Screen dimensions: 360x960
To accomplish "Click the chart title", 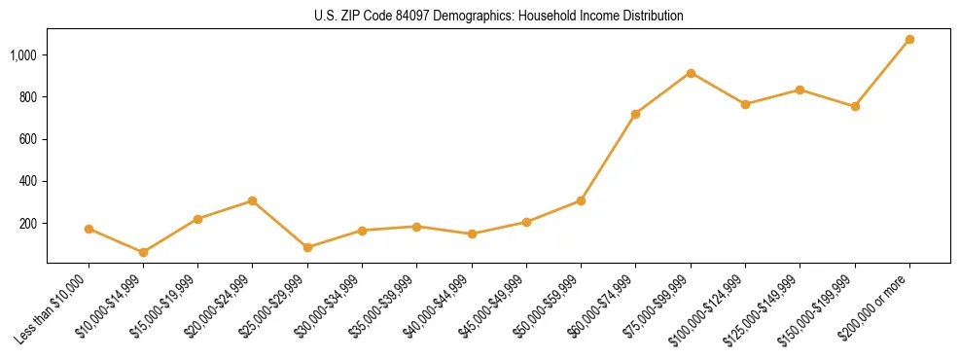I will (499, 16).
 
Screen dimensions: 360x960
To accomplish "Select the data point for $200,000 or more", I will (909, 40).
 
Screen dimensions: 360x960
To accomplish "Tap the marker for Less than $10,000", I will (89, 230).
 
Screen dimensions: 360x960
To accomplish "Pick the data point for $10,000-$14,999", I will (143, 252).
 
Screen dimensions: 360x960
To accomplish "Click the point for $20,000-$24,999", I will (253, 200).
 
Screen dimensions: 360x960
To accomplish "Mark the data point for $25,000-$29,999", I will (307, 247).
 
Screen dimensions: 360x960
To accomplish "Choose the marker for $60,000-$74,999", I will (635, 114).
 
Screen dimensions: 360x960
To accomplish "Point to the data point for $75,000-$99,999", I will (691, 73).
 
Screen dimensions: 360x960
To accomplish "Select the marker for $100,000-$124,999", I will (745, 104).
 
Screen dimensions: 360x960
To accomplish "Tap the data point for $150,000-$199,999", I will (855, 106).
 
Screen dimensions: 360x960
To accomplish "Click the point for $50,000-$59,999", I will (581, 200).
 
